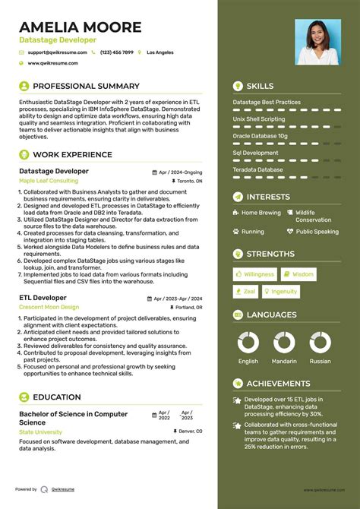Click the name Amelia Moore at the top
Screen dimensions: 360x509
pos(81,27)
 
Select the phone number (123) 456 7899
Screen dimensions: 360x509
pos(116,52)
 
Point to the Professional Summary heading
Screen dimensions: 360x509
pos(86,86)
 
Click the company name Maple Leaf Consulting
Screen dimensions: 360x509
pos(48,182)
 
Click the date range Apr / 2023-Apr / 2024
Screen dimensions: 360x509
pos(178,298)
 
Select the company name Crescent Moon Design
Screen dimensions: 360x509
pos(49,307)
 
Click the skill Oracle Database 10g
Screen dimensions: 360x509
pos(260,136)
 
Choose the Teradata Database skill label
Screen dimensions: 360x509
pos(257,169)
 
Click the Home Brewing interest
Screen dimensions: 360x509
pos(261,213)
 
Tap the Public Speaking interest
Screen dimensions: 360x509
pos(317,232)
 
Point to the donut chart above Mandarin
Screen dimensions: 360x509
pos(283,341)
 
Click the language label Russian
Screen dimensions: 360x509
pos(320,362)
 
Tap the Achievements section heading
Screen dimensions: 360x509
pos(278,384)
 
